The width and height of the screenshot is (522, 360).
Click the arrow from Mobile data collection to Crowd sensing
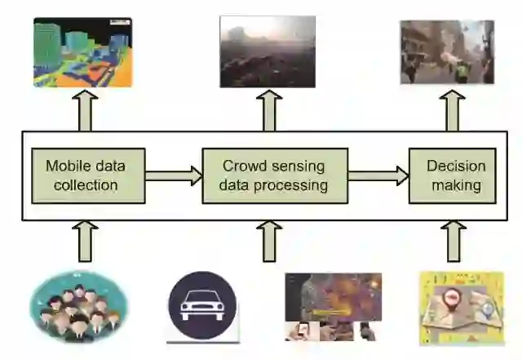coord(173,175)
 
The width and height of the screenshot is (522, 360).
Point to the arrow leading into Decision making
coord(378,175)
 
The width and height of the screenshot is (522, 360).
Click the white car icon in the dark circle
coord(202,306)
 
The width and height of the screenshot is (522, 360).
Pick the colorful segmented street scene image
coord(82,51)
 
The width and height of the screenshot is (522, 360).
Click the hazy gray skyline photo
coord(267,51)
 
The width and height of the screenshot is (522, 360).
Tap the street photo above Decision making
coord(447,51)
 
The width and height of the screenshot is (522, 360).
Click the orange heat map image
coord(333,305)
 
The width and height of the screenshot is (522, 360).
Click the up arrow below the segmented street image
coord(85,110)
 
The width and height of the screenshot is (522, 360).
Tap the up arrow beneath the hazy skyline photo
coord(271,110)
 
